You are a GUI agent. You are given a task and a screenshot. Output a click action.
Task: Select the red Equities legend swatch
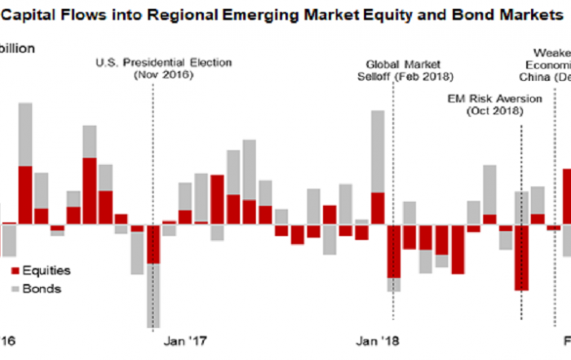click(x=15, y=270)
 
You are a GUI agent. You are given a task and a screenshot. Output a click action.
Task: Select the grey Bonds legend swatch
click(x=15, y=288)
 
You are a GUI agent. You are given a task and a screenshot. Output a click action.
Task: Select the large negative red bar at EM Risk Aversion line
click(x=521, y=256)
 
